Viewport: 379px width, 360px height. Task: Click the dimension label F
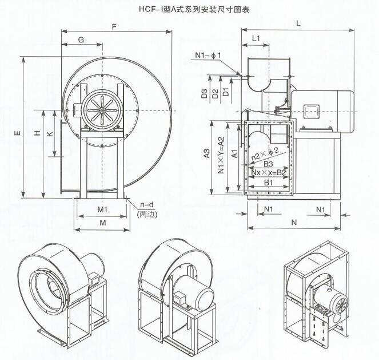click(x=115, y=26)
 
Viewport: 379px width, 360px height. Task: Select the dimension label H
click(x=37, y=133)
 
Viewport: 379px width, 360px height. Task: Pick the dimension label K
click(x=50, y=133)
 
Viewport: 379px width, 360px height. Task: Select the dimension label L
click(x=300, y=23)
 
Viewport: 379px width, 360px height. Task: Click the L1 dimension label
click(x=256, y=38)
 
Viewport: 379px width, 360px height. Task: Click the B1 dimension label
click(x=268, y=182)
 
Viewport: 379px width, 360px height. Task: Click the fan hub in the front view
click(x=101, y=108)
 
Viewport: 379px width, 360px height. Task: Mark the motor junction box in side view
click(x=312, y=110)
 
